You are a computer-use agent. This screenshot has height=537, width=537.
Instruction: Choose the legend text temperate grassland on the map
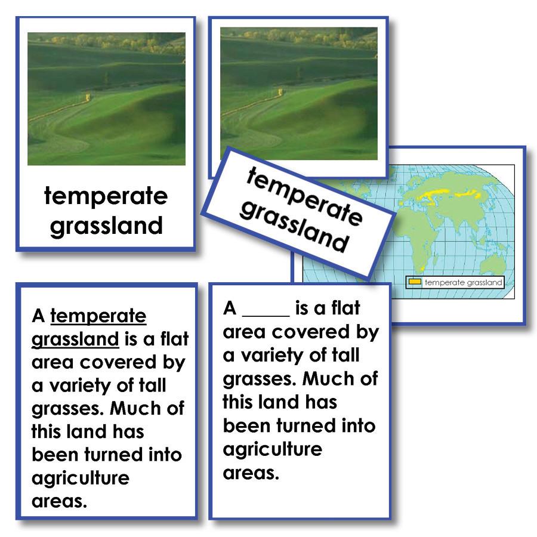[462, 283]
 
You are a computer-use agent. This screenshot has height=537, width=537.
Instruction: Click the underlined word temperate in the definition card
[98, 316]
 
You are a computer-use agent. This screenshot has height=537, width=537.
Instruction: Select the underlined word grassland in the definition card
[75, 340]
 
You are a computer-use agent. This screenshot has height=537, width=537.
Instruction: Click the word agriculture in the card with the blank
[272, 449]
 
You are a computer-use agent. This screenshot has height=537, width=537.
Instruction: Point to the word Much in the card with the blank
[340, 379]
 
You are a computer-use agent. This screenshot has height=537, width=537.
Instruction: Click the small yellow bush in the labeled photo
[88, 96]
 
